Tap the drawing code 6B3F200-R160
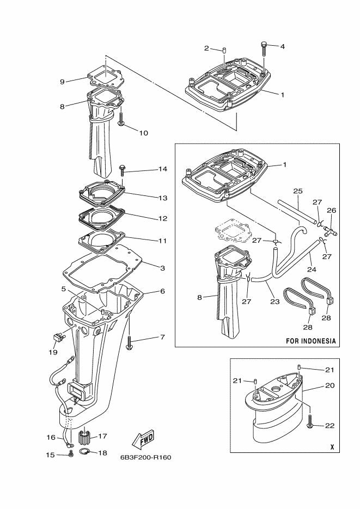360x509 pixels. (146, 457)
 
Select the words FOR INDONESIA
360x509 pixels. (310, 341)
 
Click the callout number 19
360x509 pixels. (53, 352)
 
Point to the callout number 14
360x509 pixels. (163, 169)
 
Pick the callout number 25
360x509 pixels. (298, 191)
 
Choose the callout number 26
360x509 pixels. (332, 210)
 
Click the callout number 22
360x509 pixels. (330, 425)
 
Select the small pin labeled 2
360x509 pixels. (224, 50)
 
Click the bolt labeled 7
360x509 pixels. (129, 343)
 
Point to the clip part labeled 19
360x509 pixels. (57, 338)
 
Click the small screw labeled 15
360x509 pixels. (71, 455)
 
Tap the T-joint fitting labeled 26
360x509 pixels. (330, 231)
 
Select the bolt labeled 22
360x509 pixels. (310, 421)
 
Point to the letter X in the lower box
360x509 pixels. (332, 447)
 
